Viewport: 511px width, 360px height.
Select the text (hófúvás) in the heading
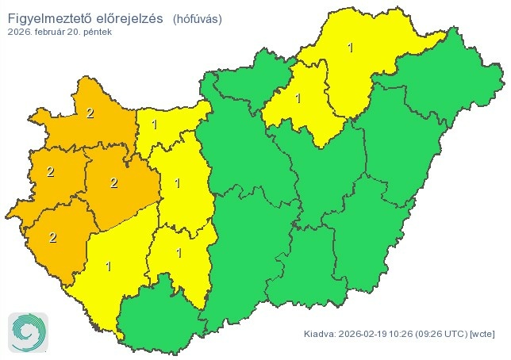[x=198, y=17]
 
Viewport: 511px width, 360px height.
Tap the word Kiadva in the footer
[x=321, y=334]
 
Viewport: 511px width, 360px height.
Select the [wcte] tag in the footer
[x=485, y=334]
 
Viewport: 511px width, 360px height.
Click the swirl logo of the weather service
[x=29, y=331]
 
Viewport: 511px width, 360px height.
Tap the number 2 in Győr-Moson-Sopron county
[x=90, y=113]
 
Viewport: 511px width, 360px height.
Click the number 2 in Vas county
[x=50, y=171]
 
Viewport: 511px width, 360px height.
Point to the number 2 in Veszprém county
[x=114, y=183]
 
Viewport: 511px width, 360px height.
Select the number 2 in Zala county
[x=54, y=236]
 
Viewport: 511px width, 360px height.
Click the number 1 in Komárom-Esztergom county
[x=154, y=124]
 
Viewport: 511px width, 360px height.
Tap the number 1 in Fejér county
[x=177, y=183]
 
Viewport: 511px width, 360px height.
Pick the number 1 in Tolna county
[x=179, y=253]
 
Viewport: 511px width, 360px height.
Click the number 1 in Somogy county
[x=109, y=266]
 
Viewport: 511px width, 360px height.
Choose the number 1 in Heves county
[x=298, y=99]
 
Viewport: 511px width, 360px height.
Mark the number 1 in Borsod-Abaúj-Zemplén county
[x=350, y=48]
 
